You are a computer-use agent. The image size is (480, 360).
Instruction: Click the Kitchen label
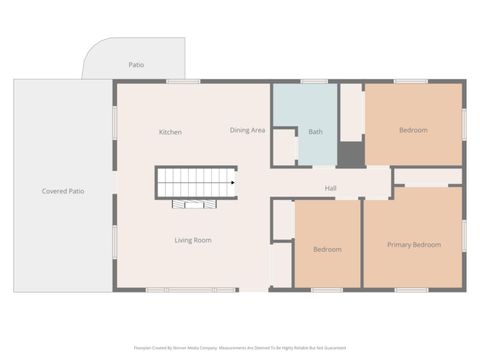click(x=170, y=132)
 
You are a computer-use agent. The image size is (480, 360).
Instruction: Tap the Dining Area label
click(x=247, y=130)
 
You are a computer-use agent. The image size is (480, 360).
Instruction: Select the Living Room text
click(x=193, y=240)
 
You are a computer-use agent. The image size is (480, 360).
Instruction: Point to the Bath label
click(x=315, y=132)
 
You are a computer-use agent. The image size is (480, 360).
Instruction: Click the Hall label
click(x=330, y=188)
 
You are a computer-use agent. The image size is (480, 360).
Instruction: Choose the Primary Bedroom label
click(x=414, y=245)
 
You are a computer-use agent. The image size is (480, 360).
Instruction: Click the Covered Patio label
click(x=62, y=191)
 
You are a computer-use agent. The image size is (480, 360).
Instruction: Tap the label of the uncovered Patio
click(x=136, y=65)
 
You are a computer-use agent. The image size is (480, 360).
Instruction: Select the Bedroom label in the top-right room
click(x=413, y=130)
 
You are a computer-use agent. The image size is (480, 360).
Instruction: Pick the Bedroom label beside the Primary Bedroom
click(x=327, y=249)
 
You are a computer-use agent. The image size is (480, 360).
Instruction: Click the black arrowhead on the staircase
click(x=233, y=183)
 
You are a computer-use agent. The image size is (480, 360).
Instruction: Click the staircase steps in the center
click(x=194, y=183)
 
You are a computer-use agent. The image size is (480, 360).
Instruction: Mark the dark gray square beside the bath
click(x=350, y=154)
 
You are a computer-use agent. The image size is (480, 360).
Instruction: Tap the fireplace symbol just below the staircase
click(x=194, y=205)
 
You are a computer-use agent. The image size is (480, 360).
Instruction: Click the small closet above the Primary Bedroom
click(x=426, y=177)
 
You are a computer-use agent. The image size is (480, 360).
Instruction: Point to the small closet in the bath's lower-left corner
click(x=285, y=146)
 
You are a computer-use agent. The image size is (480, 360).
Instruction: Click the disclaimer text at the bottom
click(x=239, y=349)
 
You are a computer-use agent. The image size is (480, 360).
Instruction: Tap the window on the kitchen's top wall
click(x=183, y=81)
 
